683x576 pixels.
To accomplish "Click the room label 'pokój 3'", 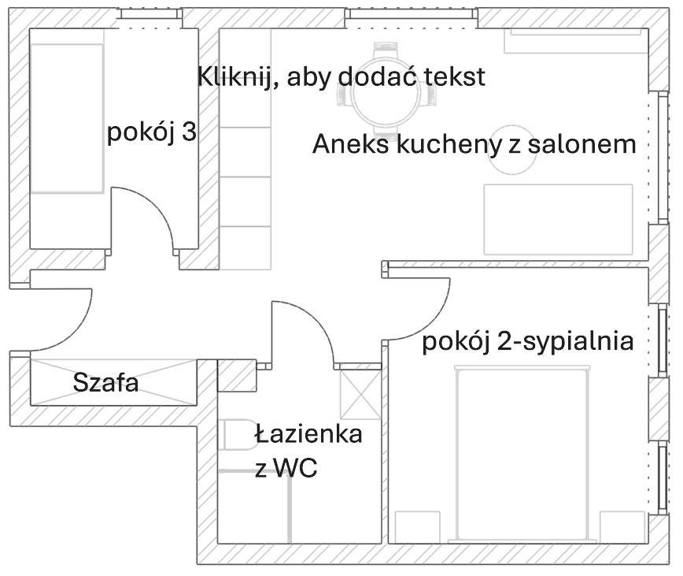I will (x=151, y=132).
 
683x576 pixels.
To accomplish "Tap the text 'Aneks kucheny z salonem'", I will (x=474, y=144).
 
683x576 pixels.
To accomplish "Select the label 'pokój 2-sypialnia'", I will (x=528, y=341).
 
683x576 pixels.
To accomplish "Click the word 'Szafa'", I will (x=105, y=384).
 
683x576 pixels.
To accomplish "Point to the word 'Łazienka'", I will (x=308, y=433).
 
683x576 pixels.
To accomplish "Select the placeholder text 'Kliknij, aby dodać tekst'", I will (x=341, y=77).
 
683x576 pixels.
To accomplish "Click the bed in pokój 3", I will (x=68, y=118).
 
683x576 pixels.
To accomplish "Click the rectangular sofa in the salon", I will (x=558, y=219).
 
